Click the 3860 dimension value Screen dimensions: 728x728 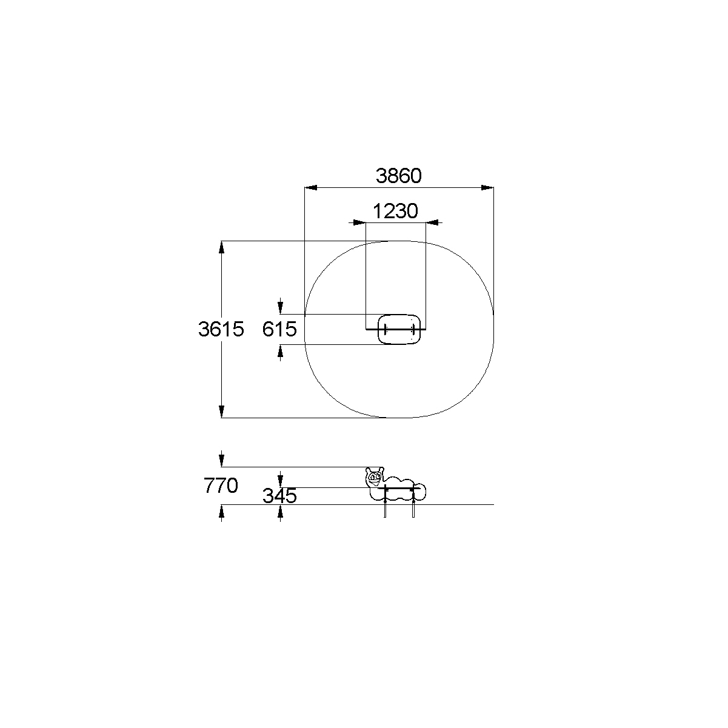(x=399, y=176)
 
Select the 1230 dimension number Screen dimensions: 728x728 (x=395, y=211)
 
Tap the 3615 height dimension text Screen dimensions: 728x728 (x=221, y=329)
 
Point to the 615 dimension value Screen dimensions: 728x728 (x=279, y=329)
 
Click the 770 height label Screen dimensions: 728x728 (x=221, y=486)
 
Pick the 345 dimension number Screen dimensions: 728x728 (x=279, y=496)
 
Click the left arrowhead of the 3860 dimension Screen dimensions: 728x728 (x=311, y=187)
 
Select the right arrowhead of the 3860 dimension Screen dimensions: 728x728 (x=487, y=187)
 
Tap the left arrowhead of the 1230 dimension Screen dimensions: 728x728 (x=359, y=222)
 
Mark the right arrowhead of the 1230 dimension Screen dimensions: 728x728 (x=432, y=222)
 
